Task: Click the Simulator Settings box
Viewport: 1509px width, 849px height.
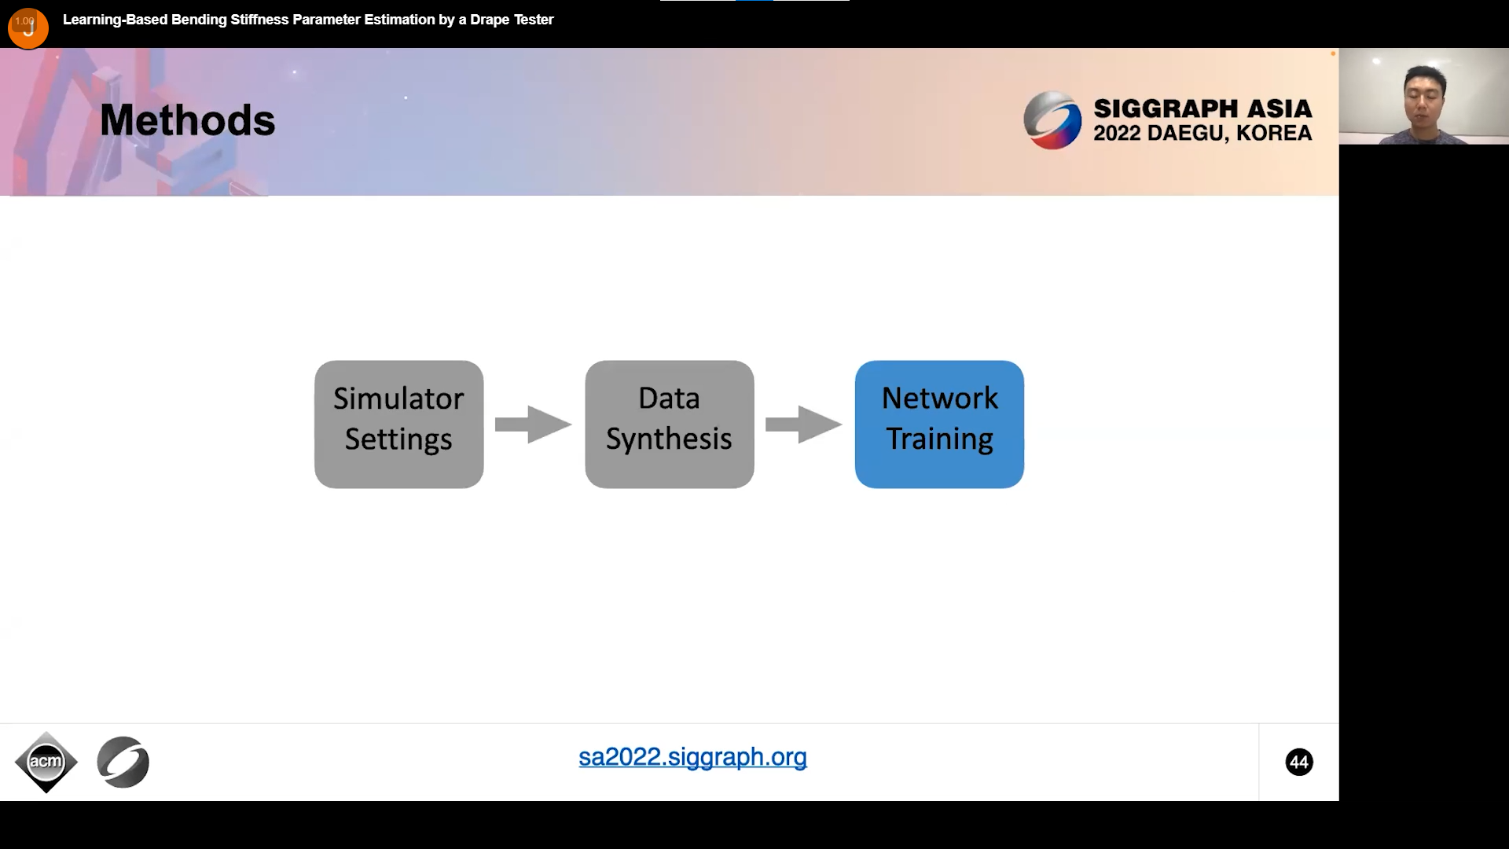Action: (398, 424)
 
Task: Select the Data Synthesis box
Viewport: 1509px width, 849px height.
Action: (669, 424)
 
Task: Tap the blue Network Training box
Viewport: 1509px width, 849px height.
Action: (939, 424)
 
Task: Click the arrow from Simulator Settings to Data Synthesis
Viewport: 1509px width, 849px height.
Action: (533, 424)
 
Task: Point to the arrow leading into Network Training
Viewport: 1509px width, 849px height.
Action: (803, 424)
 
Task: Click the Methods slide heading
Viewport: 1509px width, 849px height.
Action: (188, 120)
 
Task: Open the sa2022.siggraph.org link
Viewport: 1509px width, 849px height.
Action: (692, 757)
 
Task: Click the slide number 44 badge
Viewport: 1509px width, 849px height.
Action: (1299, 762)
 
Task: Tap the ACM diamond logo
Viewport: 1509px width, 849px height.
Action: (46, 762)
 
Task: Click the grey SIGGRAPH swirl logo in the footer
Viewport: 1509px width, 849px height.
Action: (123, 762)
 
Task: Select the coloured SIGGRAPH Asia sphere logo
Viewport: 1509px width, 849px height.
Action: (1052, 120)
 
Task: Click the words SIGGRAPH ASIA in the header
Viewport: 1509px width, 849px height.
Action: (1202, 108)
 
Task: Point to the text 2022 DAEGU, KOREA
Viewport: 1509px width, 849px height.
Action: (1202, 134)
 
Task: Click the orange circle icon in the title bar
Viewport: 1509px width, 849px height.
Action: (28, 28)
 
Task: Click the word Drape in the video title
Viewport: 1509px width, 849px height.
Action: (490, 20)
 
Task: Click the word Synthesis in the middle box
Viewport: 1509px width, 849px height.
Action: (669, 439)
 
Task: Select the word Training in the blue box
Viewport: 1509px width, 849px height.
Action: (940, 439)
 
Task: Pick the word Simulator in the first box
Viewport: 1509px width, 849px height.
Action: (398, 399)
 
